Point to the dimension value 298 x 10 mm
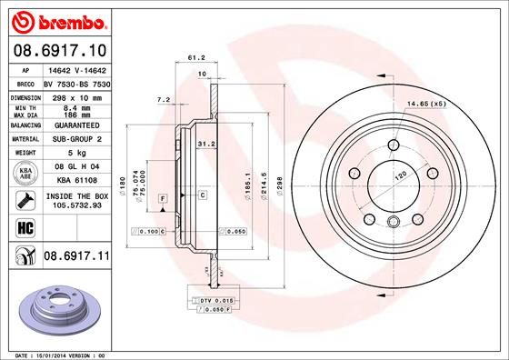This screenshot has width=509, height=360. [69, 95]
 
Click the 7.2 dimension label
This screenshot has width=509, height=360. [164, 100]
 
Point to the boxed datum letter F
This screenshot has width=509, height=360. [161, 197]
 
